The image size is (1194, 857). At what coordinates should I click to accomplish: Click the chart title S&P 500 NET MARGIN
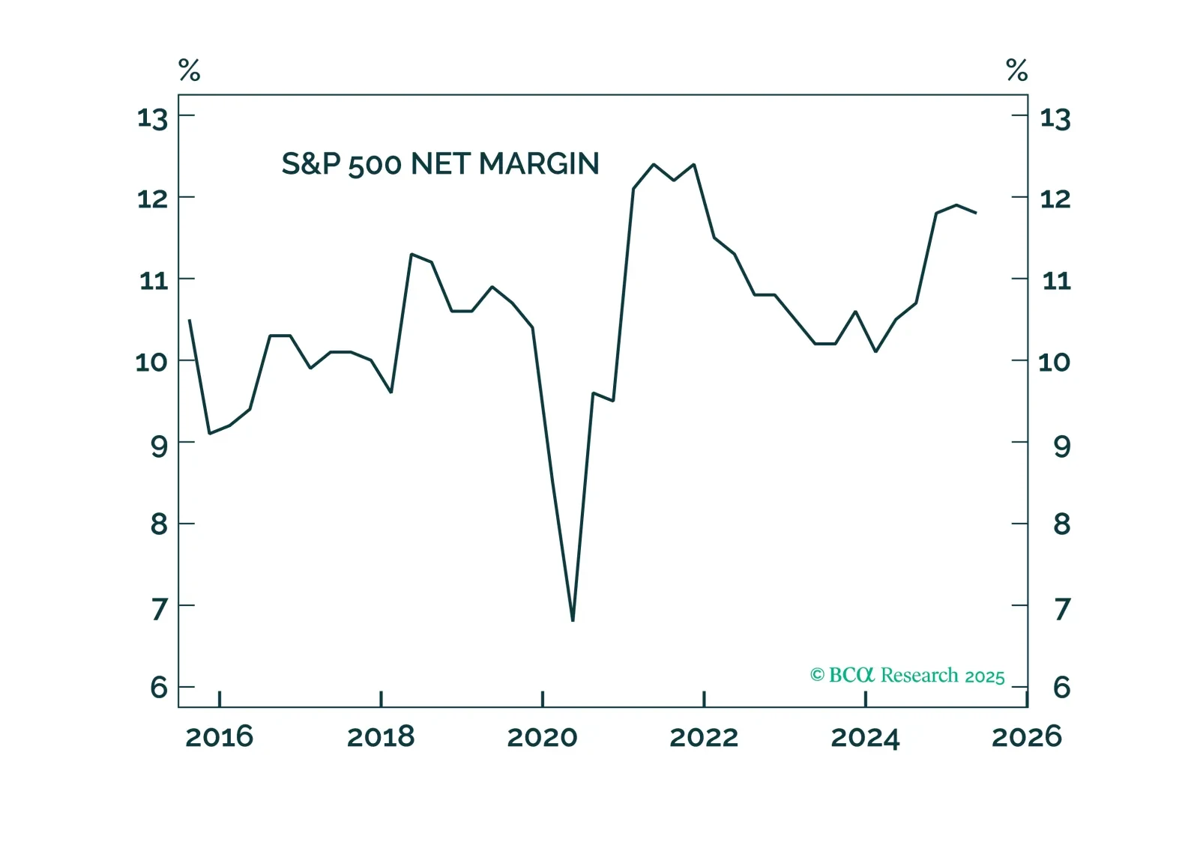pos(440,164)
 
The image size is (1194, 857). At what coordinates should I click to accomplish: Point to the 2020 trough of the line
pos(573,620)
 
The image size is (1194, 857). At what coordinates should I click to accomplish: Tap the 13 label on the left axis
pos(152,118)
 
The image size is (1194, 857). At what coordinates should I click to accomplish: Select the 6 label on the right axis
pos(1061,687)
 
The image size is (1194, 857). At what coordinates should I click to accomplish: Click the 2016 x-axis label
pos(219,737)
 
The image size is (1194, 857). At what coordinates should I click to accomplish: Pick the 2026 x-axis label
pos(1026,737)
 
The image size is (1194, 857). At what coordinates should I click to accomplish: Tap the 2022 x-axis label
pos(704,737)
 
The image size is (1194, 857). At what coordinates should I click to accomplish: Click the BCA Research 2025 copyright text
pos(907,676)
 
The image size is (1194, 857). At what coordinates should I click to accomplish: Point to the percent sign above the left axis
pos(190,70)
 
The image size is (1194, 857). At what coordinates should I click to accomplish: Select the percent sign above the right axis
pos(1016,70)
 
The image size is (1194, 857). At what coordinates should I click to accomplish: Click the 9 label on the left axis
pos(159,446)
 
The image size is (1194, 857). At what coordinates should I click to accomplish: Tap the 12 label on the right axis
pos(1055,199)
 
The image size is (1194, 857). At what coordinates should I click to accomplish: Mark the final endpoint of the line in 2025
pos(976,213)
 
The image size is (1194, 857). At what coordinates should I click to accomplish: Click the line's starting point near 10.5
pos(189,320)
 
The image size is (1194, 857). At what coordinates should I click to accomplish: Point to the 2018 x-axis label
pos(381,737)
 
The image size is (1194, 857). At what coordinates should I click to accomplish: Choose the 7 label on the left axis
pos(159,609)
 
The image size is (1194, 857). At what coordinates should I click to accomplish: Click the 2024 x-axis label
pos(865,737)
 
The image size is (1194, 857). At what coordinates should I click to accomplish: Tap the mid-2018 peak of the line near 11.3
pos(411,254)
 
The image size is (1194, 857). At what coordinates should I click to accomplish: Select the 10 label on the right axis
pos(1054,363)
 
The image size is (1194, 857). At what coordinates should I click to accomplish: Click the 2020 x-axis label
pos(542,737)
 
